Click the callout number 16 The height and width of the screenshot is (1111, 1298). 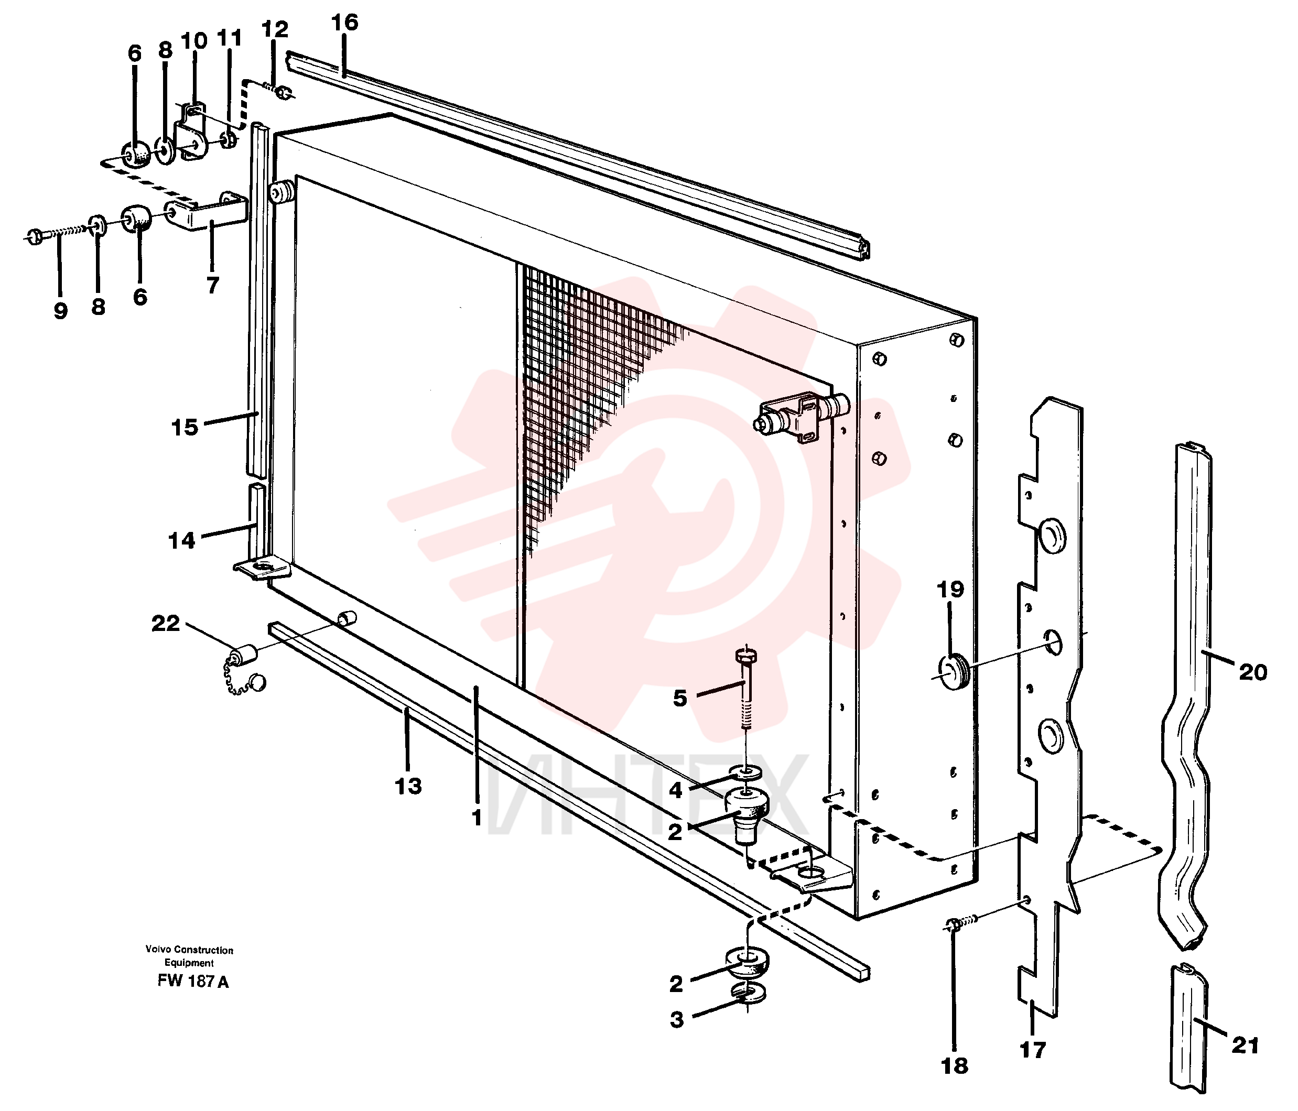(x=344, y=23)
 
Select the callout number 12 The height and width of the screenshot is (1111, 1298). (x=274, y=29)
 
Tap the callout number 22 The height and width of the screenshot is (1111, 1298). (x=166, y=624)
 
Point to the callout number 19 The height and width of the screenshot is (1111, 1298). (x=950, y=590)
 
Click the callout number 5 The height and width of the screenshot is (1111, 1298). (x=680, y=698)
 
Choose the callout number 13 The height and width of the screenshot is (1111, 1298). (x=408, y=786)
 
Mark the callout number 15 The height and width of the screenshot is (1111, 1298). (x=185, y=428)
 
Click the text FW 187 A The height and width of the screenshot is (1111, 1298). (x=193, y=982)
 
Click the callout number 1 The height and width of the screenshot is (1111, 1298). (x=477, y=818)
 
